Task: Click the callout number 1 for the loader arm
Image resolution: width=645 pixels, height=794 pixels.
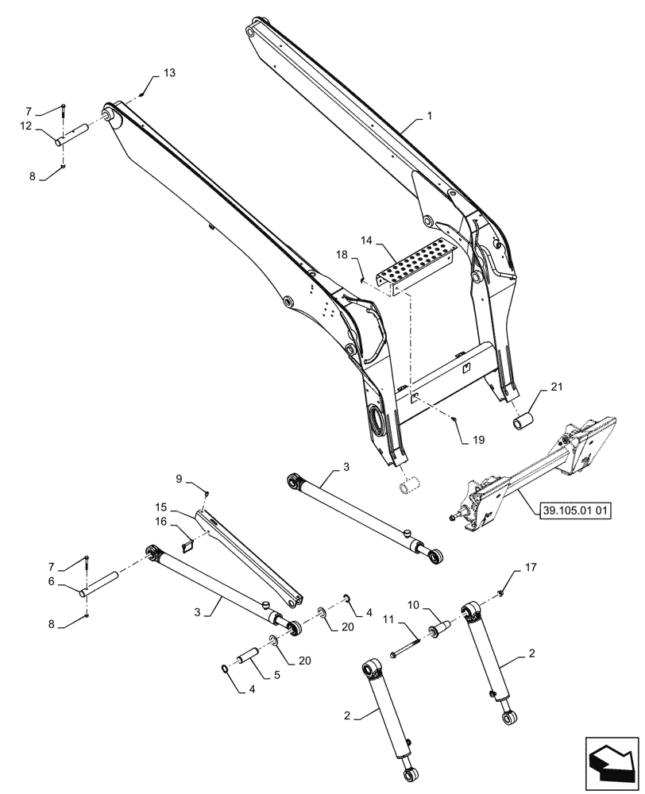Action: (x=429, y=116)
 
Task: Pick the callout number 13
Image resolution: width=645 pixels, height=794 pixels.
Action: (x=170, y=73)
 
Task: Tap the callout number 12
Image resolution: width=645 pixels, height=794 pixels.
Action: (x=26, y=126)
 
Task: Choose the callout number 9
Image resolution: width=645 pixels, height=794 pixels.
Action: (x=180, y=479)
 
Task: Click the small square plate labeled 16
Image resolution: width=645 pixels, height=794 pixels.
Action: (x=187, y=545)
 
